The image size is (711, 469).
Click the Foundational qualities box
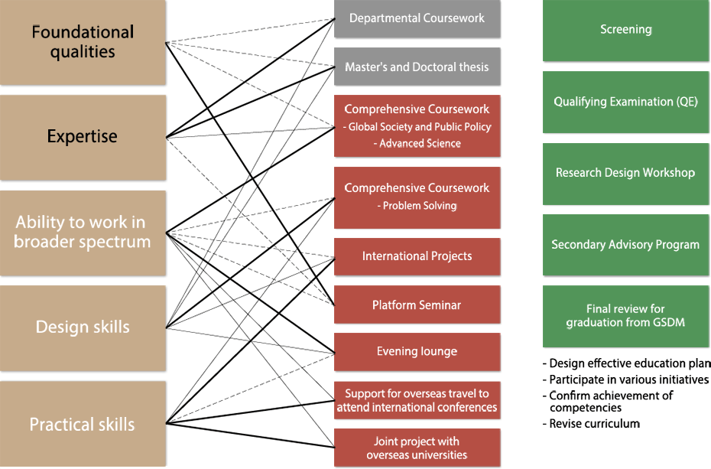pos(83,42)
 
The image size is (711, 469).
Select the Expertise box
pos(83,137)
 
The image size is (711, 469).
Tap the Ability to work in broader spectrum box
pos(83,233)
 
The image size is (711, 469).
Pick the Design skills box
pos(83,328)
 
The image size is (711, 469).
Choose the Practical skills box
pos(83,424)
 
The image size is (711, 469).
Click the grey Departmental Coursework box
pos(417,18)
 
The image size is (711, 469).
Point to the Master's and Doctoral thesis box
pos(417,67)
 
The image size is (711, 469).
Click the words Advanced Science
pos(420,143)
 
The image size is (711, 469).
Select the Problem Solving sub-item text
pos(420,206)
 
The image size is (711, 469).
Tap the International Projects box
pos(417,257)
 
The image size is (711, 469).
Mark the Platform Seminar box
pos(417,305)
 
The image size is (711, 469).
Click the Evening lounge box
pos(417,352)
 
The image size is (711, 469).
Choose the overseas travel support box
pos(417,400)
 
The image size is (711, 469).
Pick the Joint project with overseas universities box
pos(417,448)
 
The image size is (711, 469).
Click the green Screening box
pos(625,31)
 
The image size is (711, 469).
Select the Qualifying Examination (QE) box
pos(625,102)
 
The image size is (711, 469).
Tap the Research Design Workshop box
pos(625,174)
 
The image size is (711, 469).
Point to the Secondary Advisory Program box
pos(625,245)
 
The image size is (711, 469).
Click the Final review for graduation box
pos(625,316)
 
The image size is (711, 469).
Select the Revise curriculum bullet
pos(591,424)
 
